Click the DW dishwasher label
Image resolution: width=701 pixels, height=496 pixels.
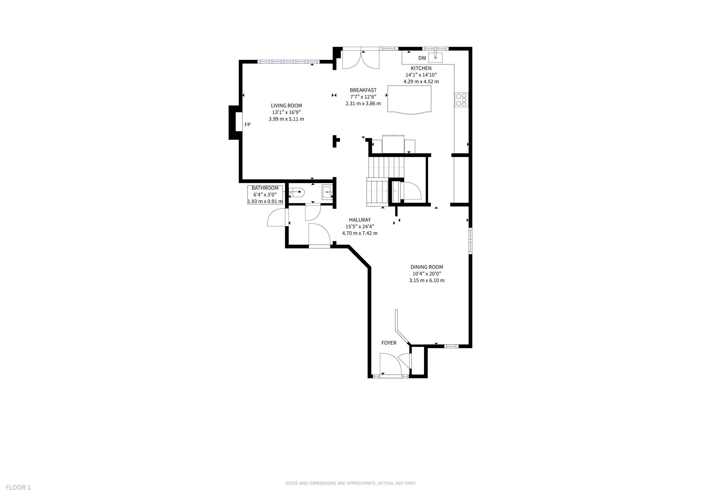pos(422,58)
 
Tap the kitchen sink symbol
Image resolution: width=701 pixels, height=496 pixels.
pos(435,57)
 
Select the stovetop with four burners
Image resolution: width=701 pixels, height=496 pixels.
pos(461,100)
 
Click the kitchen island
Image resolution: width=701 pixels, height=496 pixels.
pos(409,100)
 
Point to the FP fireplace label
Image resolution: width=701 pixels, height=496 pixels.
pos(247,125)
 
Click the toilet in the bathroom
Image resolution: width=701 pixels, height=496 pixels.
pos(296,192)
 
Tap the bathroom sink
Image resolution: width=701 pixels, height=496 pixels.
pos(327,192)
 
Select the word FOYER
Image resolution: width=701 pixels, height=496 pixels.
pos(389,343)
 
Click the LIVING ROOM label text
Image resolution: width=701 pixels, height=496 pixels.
pos(286,106)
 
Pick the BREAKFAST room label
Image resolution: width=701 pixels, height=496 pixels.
pos(363,90)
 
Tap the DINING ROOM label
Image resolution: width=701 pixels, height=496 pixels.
pos(427,267)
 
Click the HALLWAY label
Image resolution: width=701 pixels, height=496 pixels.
pos(360,220)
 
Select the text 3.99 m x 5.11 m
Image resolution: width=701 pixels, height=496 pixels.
pos(286,119)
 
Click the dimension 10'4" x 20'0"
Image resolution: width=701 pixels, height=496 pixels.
pos(427,274)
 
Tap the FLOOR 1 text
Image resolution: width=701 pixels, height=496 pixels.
pos(18,488)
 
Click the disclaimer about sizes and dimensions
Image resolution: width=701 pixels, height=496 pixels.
pos(350,483)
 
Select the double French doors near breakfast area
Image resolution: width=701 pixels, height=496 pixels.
pos(361,59)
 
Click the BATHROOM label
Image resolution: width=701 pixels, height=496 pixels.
pos(265,188)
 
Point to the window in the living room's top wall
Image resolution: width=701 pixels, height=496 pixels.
pos(289,62)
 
